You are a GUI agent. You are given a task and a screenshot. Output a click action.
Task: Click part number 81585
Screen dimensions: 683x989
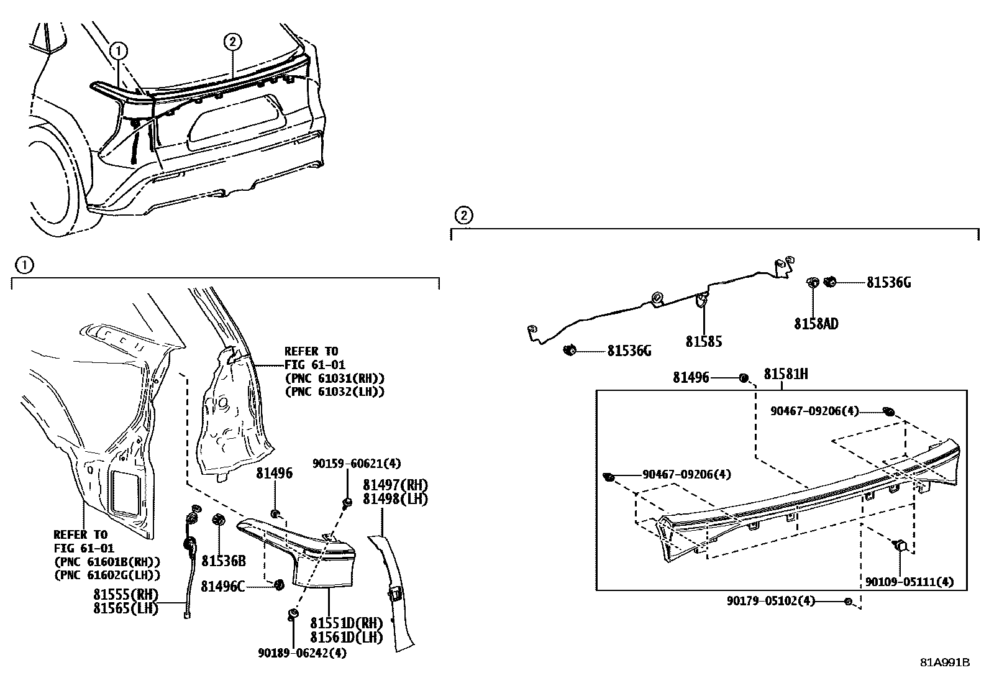(x=703, y=342)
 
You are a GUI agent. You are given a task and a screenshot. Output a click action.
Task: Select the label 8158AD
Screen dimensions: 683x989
(x=816, y=324)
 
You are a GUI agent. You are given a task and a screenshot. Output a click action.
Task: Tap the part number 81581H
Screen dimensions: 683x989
(x=785, y=374)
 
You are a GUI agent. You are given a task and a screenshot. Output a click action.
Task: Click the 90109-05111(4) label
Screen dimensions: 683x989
(x=909, y=582)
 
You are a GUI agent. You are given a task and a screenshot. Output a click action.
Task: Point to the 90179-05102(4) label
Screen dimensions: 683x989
(x=771, y=601)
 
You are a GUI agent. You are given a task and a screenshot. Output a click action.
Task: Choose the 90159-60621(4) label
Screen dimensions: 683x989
(x=357, y=464)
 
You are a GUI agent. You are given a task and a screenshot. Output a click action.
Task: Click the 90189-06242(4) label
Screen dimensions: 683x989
(x=303, y=653)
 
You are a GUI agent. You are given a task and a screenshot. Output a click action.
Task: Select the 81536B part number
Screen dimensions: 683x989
(x=224, y=561)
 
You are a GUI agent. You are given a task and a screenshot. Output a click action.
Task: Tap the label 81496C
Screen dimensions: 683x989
(x=222, y=585)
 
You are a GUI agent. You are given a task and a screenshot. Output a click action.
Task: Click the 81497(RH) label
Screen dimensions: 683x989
(x=395, y=485)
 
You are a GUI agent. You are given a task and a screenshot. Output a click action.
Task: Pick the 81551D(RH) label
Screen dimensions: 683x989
(x=346, y=623)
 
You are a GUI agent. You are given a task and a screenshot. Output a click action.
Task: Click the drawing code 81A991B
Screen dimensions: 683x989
(x=945, y=662)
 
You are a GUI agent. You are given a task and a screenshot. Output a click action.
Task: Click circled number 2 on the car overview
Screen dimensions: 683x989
(x=232, y=42)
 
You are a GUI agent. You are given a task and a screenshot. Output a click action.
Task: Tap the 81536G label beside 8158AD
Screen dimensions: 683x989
(x=888, y=283)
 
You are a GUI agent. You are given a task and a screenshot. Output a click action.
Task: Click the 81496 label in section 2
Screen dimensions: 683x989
(x=690, y=377)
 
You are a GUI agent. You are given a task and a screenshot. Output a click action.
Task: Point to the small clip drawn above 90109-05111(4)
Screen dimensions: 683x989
(x=901, y=546)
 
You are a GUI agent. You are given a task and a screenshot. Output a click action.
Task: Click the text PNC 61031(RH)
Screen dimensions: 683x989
(x=334, y=378)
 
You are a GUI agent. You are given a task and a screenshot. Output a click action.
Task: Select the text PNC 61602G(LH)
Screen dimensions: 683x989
(x=107, y=575)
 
